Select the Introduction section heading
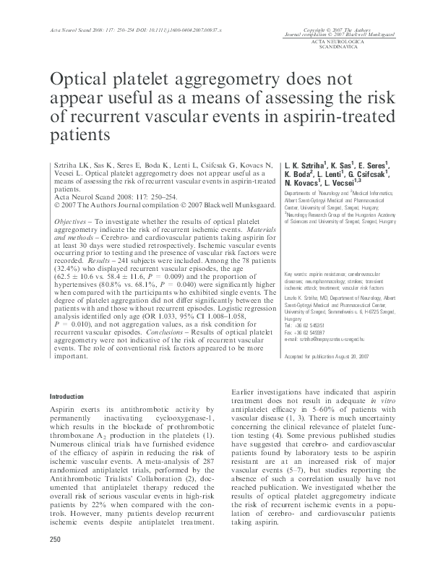(x=66, y=397)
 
